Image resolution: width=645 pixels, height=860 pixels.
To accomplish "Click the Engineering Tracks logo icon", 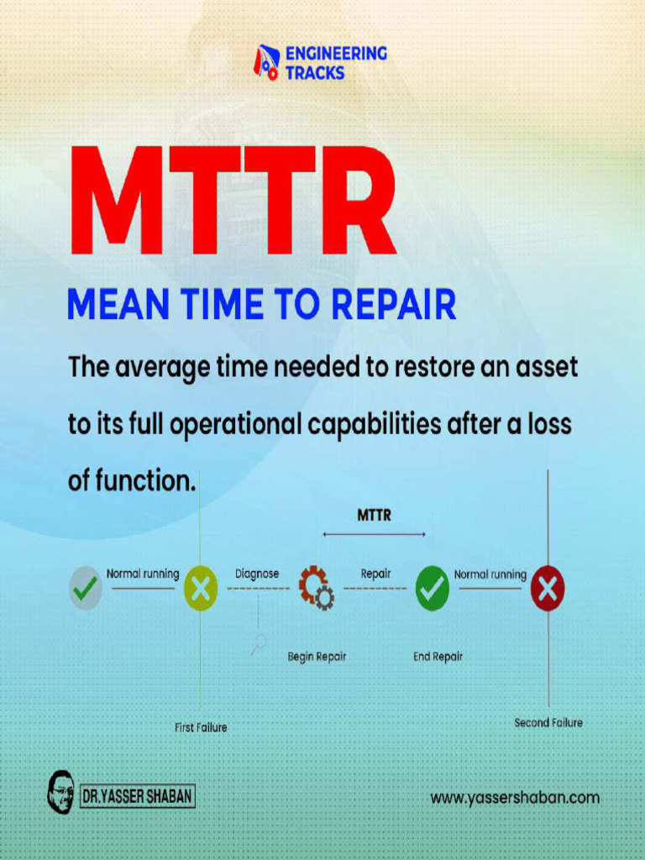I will [266, 63].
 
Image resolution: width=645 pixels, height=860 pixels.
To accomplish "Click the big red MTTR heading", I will [233, 202].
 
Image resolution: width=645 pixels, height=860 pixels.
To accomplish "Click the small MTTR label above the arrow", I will [374, 516].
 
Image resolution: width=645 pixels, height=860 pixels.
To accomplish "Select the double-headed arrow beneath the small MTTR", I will [374, 534].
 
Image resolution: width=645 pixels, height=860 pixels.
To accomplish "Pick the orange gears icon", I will [316, 587].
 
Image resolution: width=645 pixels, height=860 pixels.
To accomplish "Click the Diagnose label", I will [257, 574].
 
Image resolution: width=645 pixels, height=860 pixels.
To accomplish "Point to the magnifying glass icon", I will [259, 643].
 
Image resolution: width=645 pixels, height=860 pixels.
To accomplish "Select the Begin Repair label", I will [317, 657].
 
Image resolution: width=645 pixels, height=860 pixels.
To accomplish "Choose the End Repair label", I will [438, 657].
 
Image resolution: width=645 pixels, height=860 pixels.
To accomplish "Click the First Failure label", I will [201, 727].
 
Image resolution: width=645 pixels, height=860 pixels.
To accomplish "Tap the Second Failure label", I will [548, 722].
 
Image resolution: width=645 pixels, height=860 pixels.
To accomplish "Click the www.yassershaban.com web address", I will [515, 798].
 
